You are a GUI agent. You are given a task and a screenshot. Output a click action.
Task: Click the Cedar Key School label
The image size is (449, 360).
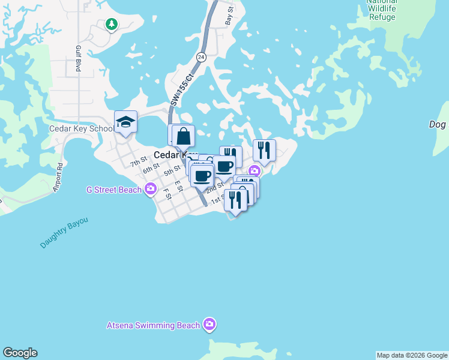point(82,128)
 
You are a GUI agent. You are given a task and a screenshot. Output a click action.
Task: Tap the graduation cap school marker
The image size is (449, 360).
point(126,122)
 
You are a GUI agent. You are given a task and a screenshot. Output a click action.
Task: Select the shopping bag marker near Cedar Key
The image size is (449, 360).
point(184,136)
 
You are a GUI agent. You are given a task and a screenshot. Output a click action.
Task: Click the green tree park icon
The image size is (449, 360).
point(111,24)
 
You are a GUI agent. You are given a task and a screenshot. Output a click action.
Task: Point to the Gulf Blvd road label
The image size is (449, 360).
point(78,59)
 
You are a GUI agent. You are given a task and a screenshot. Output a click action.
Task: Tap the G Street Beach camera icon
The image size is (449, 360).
point(151,190)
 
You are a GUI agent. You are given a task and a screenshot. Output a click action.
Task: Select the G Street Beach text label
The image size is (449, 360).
point(114,190)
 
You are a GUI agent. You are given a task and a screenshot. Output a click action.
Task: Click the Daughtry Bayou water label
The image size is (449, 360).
point(64,233)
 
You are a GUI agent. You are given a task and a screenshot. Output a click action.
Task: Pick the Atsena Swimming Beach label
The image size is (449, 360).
point(152,325)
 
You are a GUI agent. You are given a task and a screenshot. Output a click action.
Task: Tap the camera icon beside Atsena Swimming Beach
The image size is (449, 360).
point(209,325)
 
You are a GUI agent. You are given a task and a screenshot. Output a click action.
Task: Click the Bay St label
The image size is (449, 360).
point(229,16)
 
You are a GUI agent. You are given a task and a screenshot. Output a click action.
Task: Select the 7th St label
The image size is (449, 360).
point(139,160)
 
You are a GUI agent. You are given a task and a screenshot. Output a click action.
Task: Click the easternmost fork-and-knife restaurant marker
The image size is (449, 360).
point(264,151)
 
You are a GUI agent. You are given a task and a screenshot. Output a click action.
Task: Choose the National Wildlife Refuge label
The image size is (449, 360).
point(381,10)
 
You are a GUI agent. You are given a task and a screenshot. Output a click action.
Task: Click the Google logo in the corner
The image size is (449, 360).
point(20,353)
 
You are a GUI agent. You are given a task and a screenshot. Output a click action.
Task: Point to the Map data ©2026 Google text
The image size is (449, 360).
point(412,355)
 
